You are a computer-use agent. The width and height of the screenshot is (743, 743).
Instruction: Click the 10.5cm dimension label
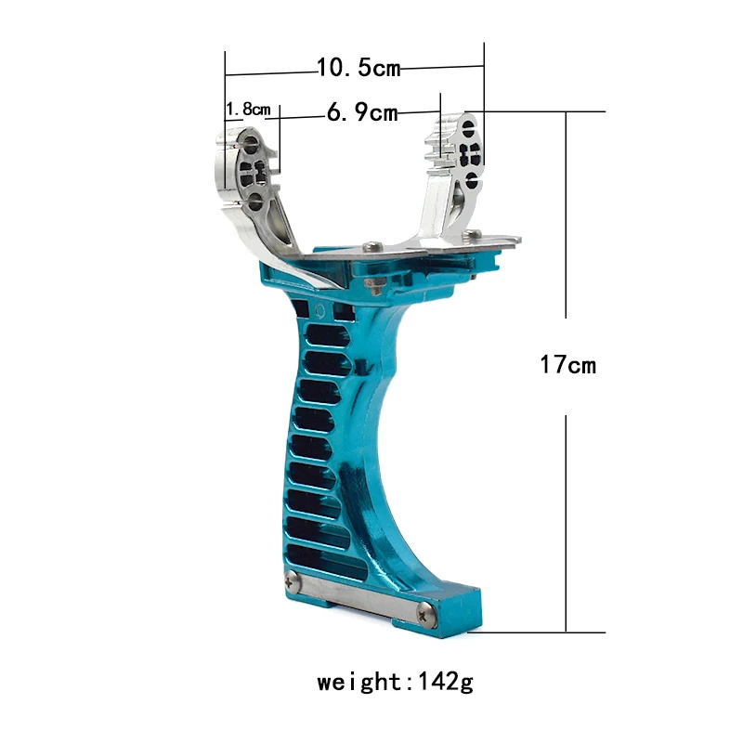click(x=358, y=67)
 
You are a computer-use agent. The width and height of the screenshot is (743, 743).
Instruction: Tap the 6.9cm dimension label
click(x=362, y=113)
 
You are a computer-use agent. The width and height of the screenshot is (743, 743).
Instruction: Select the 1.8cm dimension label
click(x=248, y=110)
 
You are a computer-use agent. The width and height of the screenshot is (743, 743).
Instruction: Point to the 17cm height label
click(x=567, y=365)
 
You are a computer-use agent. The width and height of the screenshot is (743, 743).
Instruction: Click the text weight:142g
click(x=395, y=683)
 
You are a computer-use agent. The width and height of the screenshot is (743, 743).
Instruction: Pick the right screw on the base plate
click(x=425, y=610)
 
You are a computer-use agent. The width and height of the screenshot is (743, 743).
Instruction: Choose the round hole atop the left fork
click(x=251, y=144)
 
